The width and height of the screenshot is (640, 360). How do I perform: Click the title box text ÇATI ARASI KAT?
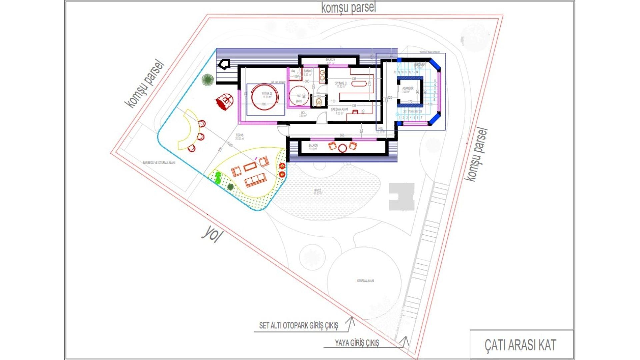[520, 345]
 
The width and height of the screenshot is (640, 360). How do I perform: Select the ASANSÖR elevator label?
[408, 89]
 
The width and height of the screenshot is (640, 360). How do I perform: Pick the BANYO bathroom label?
[308, 71]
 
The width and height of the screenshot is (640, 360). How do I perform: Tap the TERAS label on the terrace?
[239, 135]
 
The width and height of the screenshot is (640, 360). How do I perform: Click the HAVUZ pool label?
[317, 190]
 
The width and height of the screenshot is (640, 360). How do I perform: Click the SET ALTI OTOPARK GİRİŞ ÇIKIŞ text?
[299, 326]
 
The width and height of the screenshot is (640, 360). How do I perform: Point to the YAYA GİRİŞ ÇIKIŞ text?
[357, 343]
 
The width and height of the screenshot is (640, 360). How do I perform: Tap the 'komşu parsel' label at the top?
[348, 7]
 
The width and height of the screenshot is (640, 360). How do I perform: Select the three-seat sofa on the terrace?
[256, 180]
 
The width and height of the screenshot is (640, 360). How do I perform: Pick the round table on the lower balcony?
[342, 148]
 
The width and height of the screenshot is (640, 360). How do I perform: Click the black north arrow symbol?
[224, 64]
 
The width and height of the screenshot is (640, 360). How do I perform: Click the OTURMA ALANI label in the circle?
[365, 281]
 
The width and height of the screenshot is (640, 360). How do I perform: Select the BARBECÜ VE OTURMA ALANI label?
[159, 163]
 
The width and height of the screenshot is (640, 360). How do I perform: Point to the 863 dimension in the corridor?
[342, 135]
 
